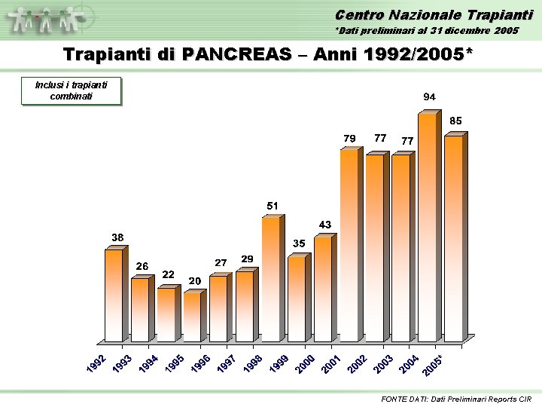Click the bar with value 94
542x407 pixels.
429,226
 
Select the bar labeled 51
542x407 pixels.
273,278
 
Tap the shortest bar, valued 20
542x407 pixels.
195,316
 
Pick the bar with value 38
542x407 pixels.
117,294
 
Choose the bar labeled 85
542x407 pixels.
455,237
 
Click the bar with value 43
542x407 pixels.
325,288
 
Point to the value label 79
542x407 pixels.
349,139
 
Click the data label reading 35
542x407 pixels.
299,243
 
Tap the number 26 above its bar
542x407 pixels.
142,266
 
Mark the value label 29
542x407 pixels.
247,259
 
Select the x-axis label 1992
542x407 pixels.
96,363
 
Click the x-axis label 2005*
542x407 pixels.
432,365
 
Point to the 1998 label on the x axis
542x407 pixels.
253,363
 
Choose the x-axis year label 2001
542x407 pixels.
330,363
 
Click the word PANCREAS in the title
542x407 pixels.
237,54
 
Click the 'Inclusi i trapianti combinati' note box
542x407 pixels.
72,90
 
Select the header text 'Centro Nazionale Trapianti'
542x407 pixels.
434,15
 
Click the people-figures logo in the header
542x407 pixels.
46,20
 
